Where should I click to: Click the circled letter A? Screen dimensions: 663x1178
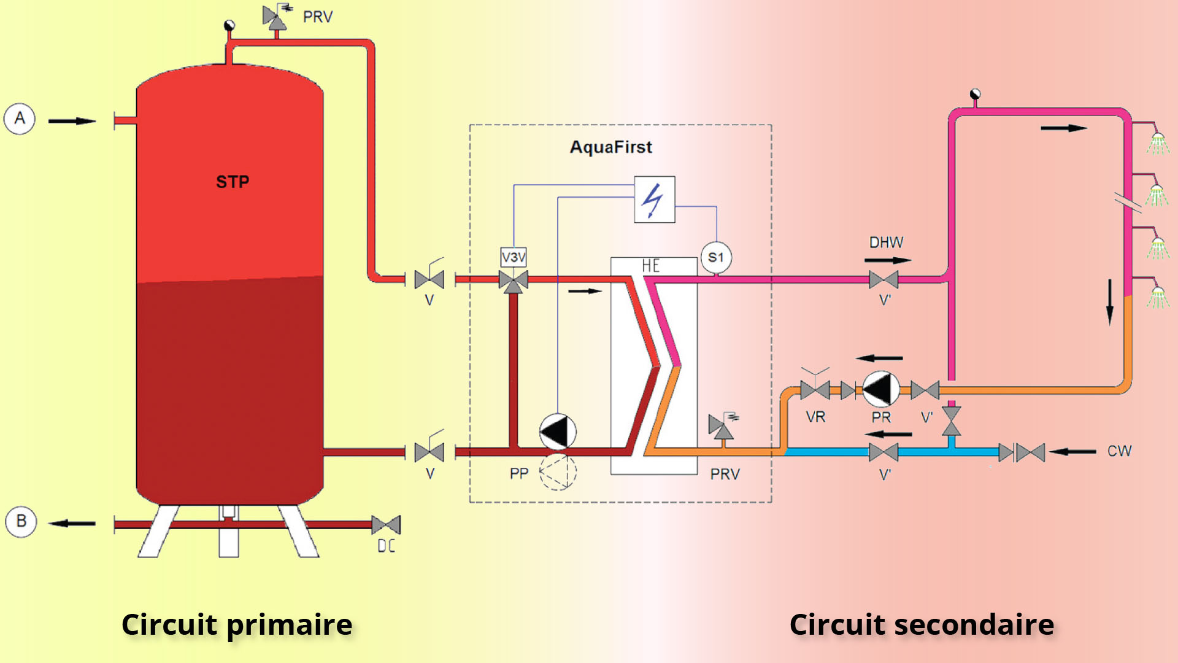click(20, 118)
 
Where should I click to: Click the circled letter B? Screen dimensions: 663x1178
click(21, 521)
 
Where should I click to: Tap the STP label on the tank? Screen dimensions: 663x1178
click(233, 182)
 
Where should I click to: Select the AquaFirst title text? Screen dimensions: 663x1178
click(610, 147)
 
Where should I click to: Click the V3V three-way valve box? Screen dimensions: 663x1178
click(514, 257)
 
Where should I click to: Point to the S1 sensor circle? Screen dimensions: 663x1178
click(716, 257)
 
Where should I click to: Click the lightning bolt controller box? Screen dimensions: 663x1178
click(654, 200)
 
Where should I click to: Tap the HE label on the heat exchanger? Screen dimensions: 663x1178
click(651, 266)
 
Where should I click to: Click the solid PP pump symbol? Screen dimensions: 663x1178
click(557, 432)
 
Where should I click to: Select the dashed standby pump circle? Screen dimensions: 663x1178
click(558, 472)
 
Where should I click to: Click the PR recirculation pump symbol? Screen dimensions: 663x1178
click(880, 389)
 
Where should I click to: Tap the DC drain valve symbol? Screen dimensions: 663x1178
click(386, 525)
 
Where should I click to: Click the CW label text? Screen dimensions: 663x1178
click(1119, 451)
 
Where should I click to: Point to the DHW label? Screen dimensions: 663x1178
click(886, 242)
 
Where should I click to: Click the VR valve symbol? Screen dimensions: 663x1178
click(815, 389)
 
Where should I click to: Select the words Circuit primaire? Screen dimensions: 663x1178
click(237, 624)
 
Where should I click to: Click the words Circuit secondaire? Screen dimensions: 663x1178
click(922, 624)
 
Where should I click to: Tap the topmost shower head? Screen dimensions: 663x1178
click(1158, 143)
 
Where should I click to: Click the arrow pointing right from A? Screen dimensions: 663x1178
click(72, 121)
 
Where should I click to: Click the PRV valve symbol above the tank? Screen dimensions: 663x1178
click(274, 18)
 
